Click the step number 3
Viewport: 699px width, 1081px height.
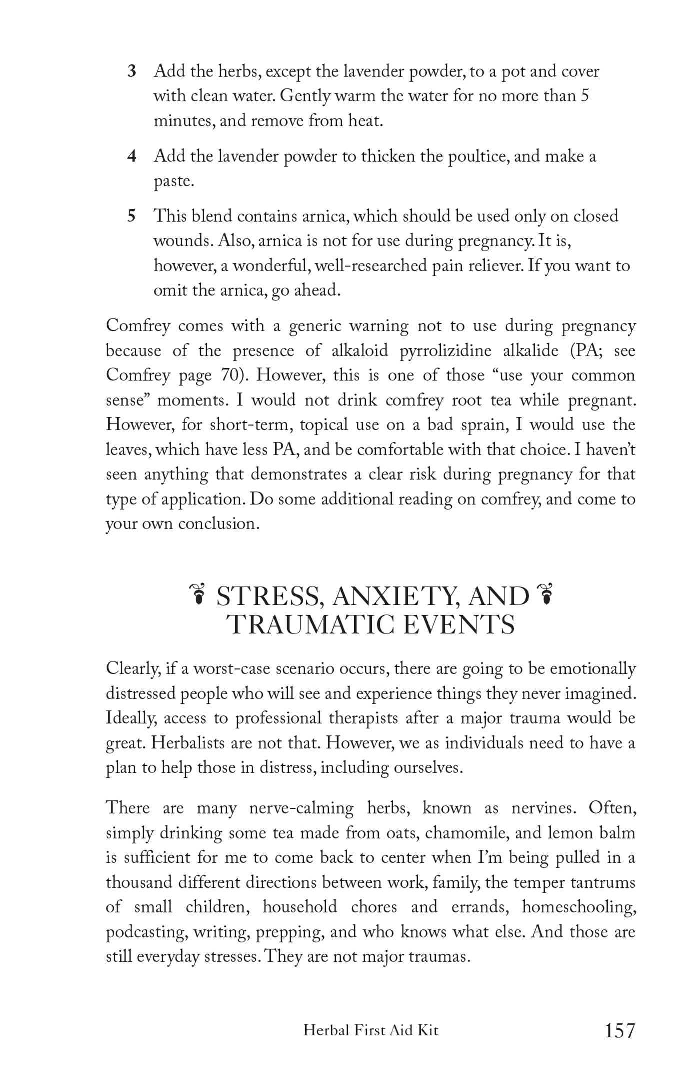pyautogui.click(x=132, y=72)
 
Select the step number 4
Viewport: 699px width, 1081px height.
pyautogui.click(x=132, y=157)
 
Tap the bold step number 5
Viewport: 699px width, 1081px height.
pyautogui.click(x=132, y=216)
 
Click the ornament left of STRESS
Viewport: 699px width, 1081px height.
pyautogui.click(x=199, y=595)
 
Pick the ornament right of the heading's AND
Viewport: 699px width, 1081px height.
pyautogui.click(x=547, y=595)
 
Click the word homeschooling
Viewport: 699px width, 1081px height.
pyautogui.click(x=578, y=907)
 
